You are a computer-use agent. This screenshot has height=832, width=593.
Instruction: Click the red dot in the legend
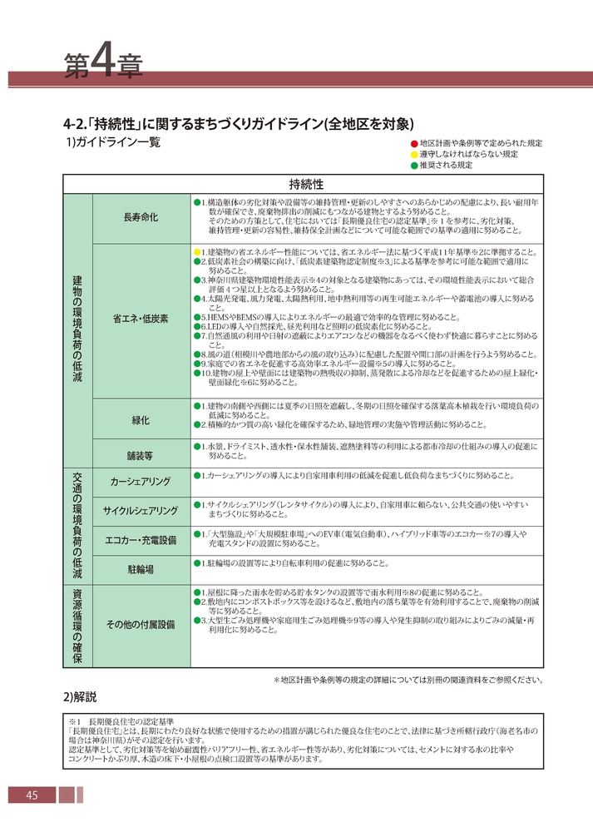pyautogui.click(x=413, y=143)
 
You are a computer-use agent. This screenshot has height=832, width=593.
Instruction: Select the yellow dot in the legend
pyautogui.click(x=413, y=154)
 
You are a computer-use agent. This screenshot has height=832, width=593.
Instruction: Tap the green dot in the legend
pyautogui.click(x=413, y=165)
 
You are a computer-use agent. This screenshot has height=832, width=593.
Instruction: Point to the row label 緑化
pyautogui.click(x=140, y=419)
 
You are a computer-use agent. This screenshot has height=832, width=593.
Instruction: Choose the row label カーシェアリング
pyautogui.click(x=140, y=483)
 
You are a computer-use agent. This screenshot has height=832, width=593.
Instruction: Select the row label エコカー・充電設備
pyautogui.click(x=140, y=540)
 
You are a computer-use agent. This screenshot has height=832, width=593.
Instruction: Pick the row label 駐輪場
pyautogui.click(x=140, y=569)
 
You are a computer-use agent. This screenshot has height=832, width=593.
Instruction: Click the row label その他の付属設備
pyautogui.click(x=140, y=624)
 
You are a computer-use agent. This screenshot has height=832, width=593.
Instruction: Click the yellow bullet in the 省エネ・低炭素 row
pyautogui.click(x=197, y=251)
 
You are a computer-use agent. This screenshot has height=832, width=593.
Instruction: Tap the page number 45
pyautogui.click(x=32, y=795)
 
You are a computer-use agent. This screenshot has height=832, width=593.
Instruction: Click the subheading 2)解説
pyautogui.click(x=81, y=695)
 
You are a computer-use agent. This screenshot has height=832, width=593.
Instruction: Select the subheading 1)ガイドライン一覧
pyautogui.click(x=112, y=142)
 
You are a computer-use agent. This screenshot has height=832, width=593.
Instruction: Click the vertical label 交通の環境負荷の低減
pyautogui.click(x=77, y=526)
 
